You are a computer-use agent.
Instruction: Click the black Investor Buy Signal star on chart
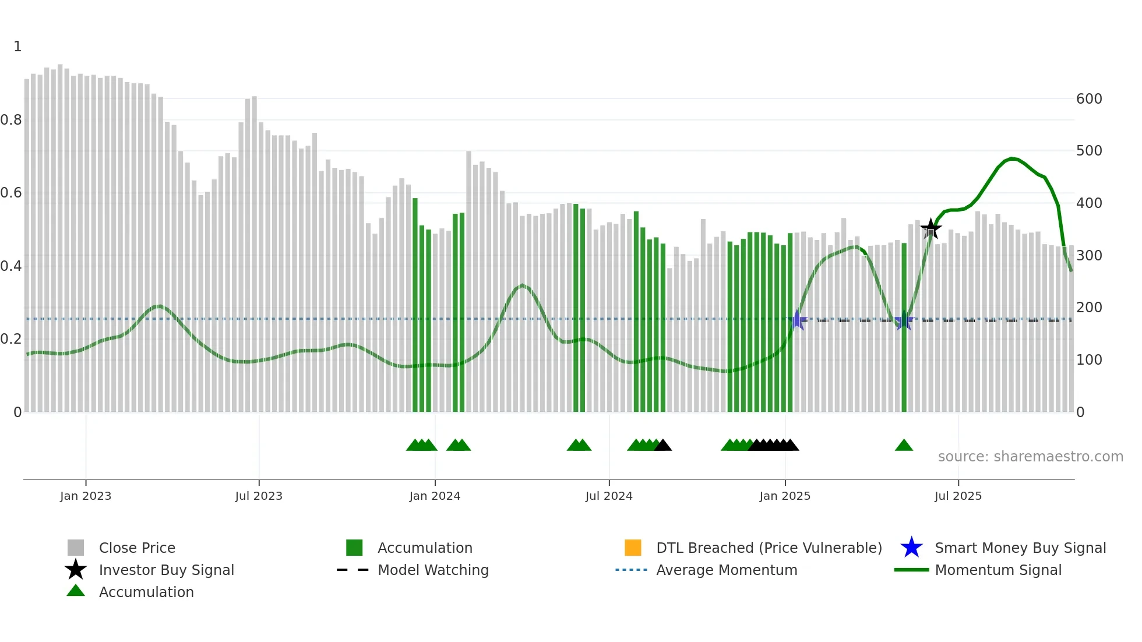[930, 228]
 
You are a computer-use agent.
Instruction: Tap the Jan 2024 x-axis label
[435, 496]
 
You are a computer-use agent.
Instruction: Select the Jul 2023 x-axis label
[259, 496]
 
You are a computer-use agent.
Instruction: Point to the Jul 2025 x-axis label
[958, 496]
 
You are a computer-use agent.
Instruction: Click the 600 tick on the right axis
[1089, 98]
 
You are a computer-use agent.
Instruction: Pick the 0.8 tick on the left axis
[11, 120]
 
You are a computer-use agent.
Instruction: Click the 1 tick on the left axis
[17, 47]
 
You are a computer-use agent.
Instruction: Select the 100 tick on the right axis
[1089, 360]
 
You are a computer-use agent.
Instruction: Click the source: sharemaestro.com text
[1030, 456]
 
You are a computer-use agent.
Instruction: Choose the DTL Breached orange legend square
[633, 548]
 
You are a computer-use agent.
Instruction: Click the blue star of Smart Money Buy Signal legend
[911, 548]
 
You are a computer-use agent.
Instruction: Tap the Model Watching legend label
[433, 570]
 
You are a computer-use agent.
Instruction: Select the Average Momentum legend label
[727, 570]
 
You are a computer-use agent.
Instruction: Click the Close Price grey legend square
[76, 548]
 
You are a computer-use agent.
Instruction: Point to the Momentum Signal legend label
[998, 570]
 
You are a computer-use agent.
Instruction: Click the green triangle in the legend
[76, 591]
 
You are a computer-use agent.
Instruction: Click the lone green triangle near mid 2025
[904, 446]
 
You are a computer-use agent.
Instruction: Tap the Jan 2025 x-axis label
[785, 496]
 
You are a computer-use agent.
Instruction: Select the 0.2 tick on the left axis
[11, 339]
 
